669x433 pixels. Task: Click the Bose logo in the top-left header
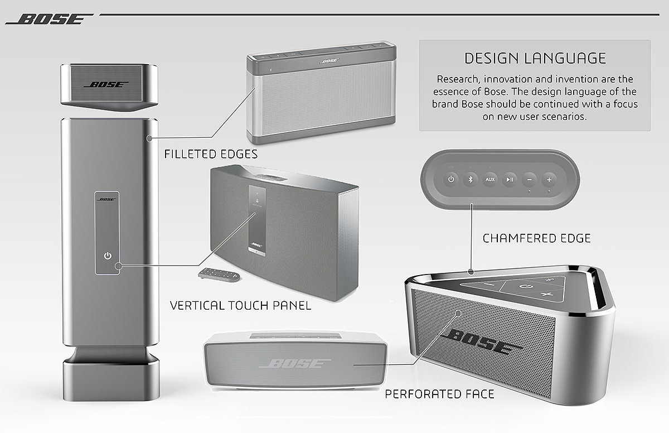tap(49, 20)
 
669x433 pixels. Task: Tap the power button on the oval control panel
tap(451, 179)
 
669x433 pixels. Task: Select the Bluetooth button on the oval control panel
tap(470, 179)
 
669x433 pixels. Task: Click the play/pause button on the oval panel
tap(510, 179)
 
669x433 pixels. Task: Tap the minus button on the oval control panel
tap(530, 179)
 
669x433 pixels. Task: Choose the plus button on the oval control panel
tap(549, 179)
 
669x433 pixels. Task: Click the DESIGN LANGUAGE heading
tap(535, 58)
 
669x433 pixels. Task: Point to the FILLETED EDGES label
tap(211, 154)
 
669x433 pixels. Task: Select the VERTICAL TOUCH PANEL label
tap(240, 305)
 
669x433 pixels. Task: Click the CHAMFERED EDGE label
tap(536, 239)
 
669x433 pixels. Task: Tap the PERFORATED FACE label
tap(439, 394)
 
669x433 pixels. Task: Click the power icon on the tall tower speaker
tap(108, 256)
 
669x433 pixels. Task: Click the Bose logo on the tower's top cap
tap(106, 85)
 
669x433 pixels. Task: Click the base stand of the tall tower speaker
tap(106, 374)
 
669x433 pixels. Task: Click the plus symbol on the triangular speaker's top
tap(546, 294)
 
